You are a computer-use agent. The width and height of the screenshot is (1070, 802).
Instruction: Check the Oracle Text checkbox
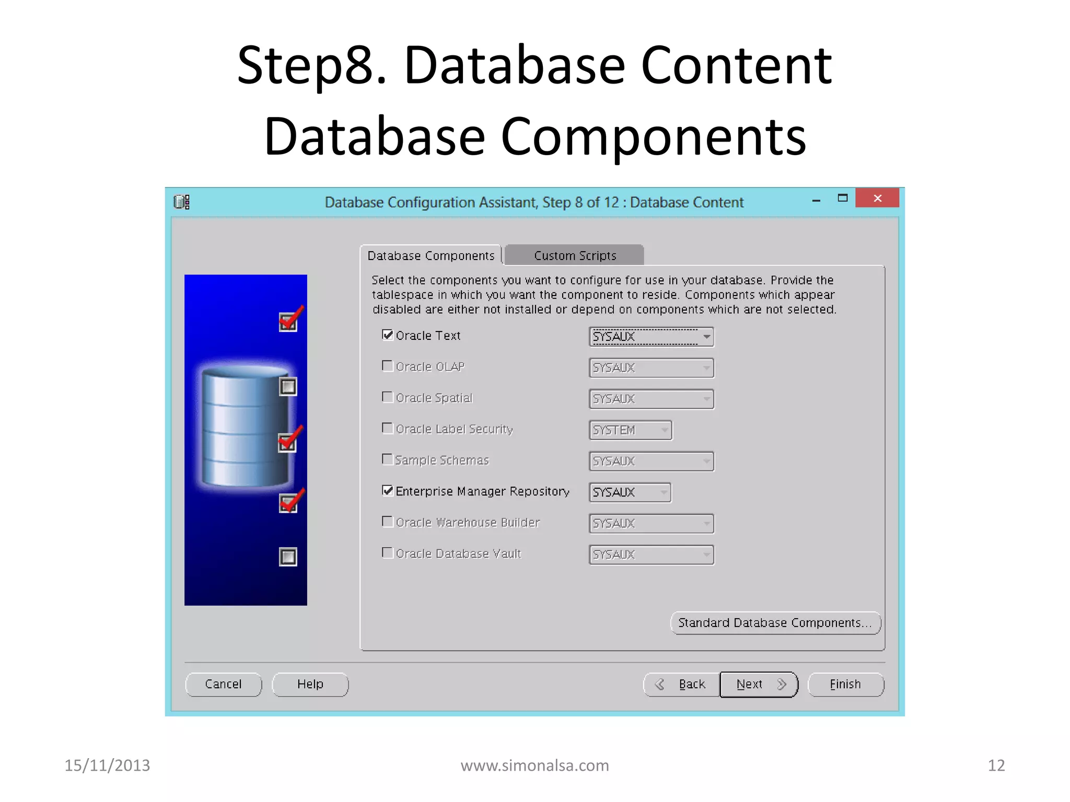(388, 335)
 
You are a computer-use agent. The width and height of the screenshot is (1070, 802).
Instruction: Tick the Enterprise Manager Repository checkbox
(388, 491)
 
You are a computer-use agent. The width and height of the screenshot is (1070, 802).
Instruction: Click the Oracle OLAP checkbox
(388, 366)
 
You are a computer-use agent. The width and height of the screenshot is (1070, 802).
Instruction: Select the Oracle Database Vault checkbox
(388, 553)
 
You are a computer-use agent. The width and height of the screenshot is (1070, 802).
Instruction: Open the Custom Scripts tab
(575, 256)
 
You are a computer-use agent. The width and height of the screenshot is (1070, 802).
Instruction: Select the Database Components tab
(431, 256)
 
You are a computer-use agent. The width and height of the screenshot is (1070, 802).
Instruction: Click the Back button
(682, 684)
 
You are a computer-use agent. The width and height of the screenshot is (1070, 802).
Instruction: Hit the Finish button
(845, 684)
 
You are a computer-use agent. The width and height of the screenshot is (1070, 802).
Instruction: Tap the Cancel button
(223, 684)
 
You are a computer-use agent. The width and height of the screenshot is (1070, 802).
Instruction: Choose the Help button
(310, 684)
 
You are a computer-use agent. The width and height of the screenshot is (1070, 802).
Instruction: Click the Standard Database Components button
(775, 623)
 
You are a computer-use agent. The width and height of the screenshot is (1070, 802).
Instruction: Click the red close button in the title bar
(877, 198)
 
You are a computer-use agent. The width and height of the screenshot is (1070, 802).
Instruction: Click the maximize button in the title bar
(843, 198)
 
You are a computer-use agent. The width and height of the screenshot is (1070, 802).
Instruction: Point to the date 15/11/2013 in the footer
(107, 765)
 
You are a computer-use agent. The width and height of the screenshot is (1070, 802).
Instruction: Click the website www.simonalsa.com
(534, 765)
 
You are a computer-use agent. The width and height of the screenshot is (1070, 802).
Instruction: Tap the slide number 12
(996, 765)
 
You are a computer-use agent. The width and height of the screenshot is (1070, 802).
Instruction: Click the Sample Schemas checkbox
(388, 459)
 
